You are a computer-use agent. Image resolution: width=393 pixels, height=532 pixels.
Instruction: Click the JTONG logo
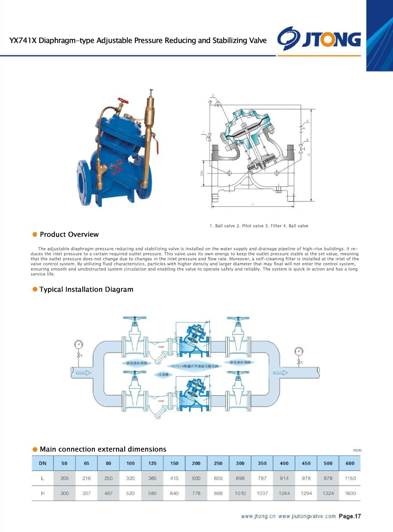(319, 39)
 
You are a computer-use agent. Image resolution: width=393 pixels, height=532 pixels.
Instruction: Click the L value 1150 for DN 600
(350, 478)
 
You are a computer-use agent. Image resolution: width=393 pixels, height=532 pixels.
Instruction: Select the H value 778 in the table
(196, 493)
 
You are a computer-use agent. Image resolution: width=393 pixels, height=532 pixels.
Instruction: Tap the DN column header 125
(152, 463)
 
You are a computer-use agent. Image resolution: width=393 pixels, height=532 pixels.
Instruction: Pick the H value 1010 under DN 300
(240, 493)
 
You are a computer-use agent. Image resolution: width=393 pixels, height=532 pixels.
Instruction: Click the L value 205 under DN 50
(65, 478)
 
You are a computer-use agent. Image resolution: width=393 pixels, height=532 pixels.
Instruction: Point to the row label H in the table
(43, 493)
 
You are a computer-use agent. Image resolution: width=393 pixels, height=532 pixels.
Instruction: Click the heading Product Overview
(69, 234)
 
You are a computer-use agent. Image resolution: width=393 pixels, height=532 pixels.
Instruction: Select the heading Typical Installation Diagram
(86, 289)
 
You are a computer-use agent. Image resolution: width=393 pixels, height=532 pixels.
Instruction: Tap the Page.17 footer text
(350, 516)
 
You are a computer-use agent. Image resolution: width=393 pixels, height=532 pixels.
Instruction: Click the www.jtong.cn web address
(258, 516)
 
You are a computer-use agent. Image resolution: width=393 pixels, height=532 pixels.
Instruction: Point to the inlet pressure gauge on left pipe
(79, 344)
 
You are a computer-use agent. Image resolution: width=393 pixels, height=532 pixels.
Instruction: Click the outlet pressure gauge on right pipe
(299, 351)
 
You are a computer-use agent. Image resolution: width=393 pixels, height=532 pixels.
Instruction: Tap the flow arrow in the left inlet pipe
(84, 373)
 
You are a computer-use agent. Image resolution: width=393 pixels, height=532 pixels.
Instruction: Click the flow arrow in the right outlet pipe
(280, 373)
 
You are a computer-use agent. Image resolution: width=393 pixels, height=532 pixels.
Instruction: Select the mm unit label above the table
(357, 450)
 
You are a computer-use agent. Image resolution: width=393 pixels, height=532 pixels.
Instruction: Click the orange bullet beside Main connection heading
(35, 450)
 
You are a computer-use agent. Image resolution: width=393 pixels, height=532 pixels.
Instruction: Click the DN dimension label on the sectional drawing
(201, 173)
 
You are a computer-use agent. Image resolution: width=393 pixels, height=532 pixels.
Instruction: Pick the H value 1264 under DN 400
(284, 493)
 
